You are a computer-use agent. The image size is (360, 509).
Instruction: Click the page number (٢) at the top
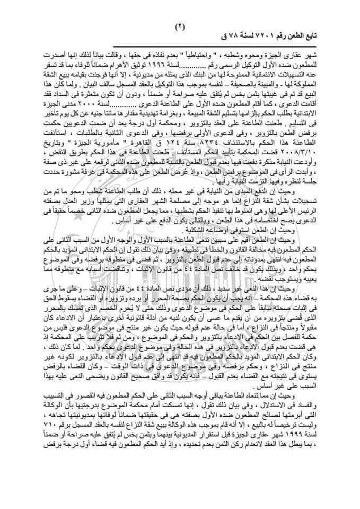point(180,25)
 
